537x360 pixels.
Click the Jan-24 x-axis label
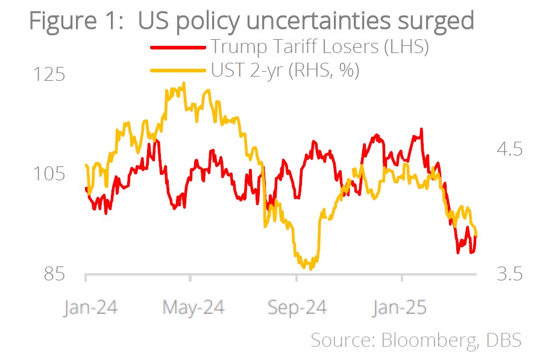90,308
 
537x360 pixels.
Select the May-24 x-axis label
193,308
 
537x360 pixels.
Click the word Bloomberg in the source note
427,340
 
